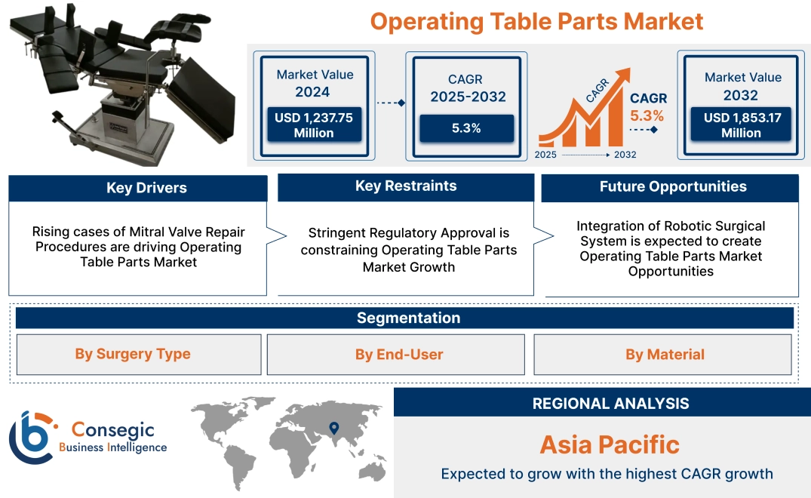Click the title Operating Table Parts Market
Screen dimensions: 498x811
pos(536,21)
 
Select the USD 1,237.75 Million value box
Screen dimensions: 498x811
pos(313,125)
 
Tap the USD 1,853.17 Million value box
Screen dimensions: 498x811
pos(741,125)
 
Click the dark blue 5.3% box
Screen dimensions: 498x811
pos(466,128)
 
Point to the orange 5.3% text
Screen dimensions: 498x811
pos(647,115)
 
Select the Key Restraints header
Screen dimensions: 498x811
pos(406,186)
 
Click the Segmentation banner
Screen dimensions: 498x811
pos(408,318)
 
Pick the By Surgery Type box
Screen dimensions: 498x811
pos(133,355)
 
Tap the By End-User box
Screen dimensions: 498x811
pos(399,355)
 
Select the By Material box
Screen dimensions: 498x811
pos(665,355)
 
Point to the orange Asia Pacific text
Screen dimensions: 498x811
pos(610,444)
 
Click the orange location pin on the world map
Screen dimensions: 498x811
pos(333,428)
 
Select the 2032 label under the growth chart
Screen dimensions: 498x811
pos(624,155)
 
